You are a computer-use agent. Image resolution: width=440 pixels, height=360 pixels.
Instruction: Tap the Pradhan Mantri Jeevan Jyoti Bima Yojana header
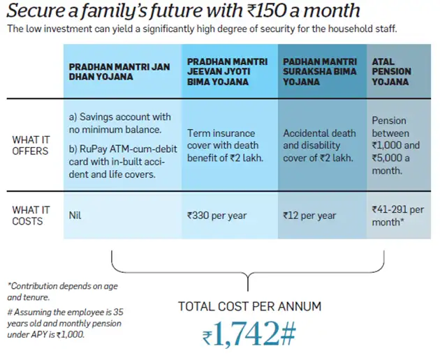coord(227,71)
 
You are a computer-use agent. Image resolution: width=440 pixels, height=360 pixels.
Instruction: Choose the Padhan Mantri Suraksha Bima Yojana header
coord(320,71)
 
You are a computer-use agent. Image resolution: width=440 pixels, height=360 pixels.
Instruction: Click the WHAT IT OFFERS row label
coord(30,145)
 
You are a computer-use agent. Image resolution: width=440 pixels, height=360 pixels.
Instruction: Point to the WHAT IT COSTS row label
coord(27,216)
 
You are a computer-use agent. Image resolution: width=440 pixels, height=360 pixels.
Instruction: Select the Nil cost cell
coord(75,216)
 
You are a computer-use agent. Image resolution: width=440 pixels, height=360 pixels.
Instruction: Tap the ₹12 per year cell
coord(309,216)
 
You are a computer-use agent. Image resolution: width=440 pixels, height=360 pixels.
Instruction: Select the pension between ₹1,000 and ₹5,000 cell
coord(396,145)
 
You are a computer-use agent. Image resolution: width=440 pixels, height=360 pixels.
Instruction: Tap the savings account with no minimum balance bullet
coord(119,122)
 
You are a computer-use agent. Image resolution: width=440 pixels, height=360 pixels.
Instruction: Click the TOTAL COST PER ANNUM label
coord(249,306)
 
